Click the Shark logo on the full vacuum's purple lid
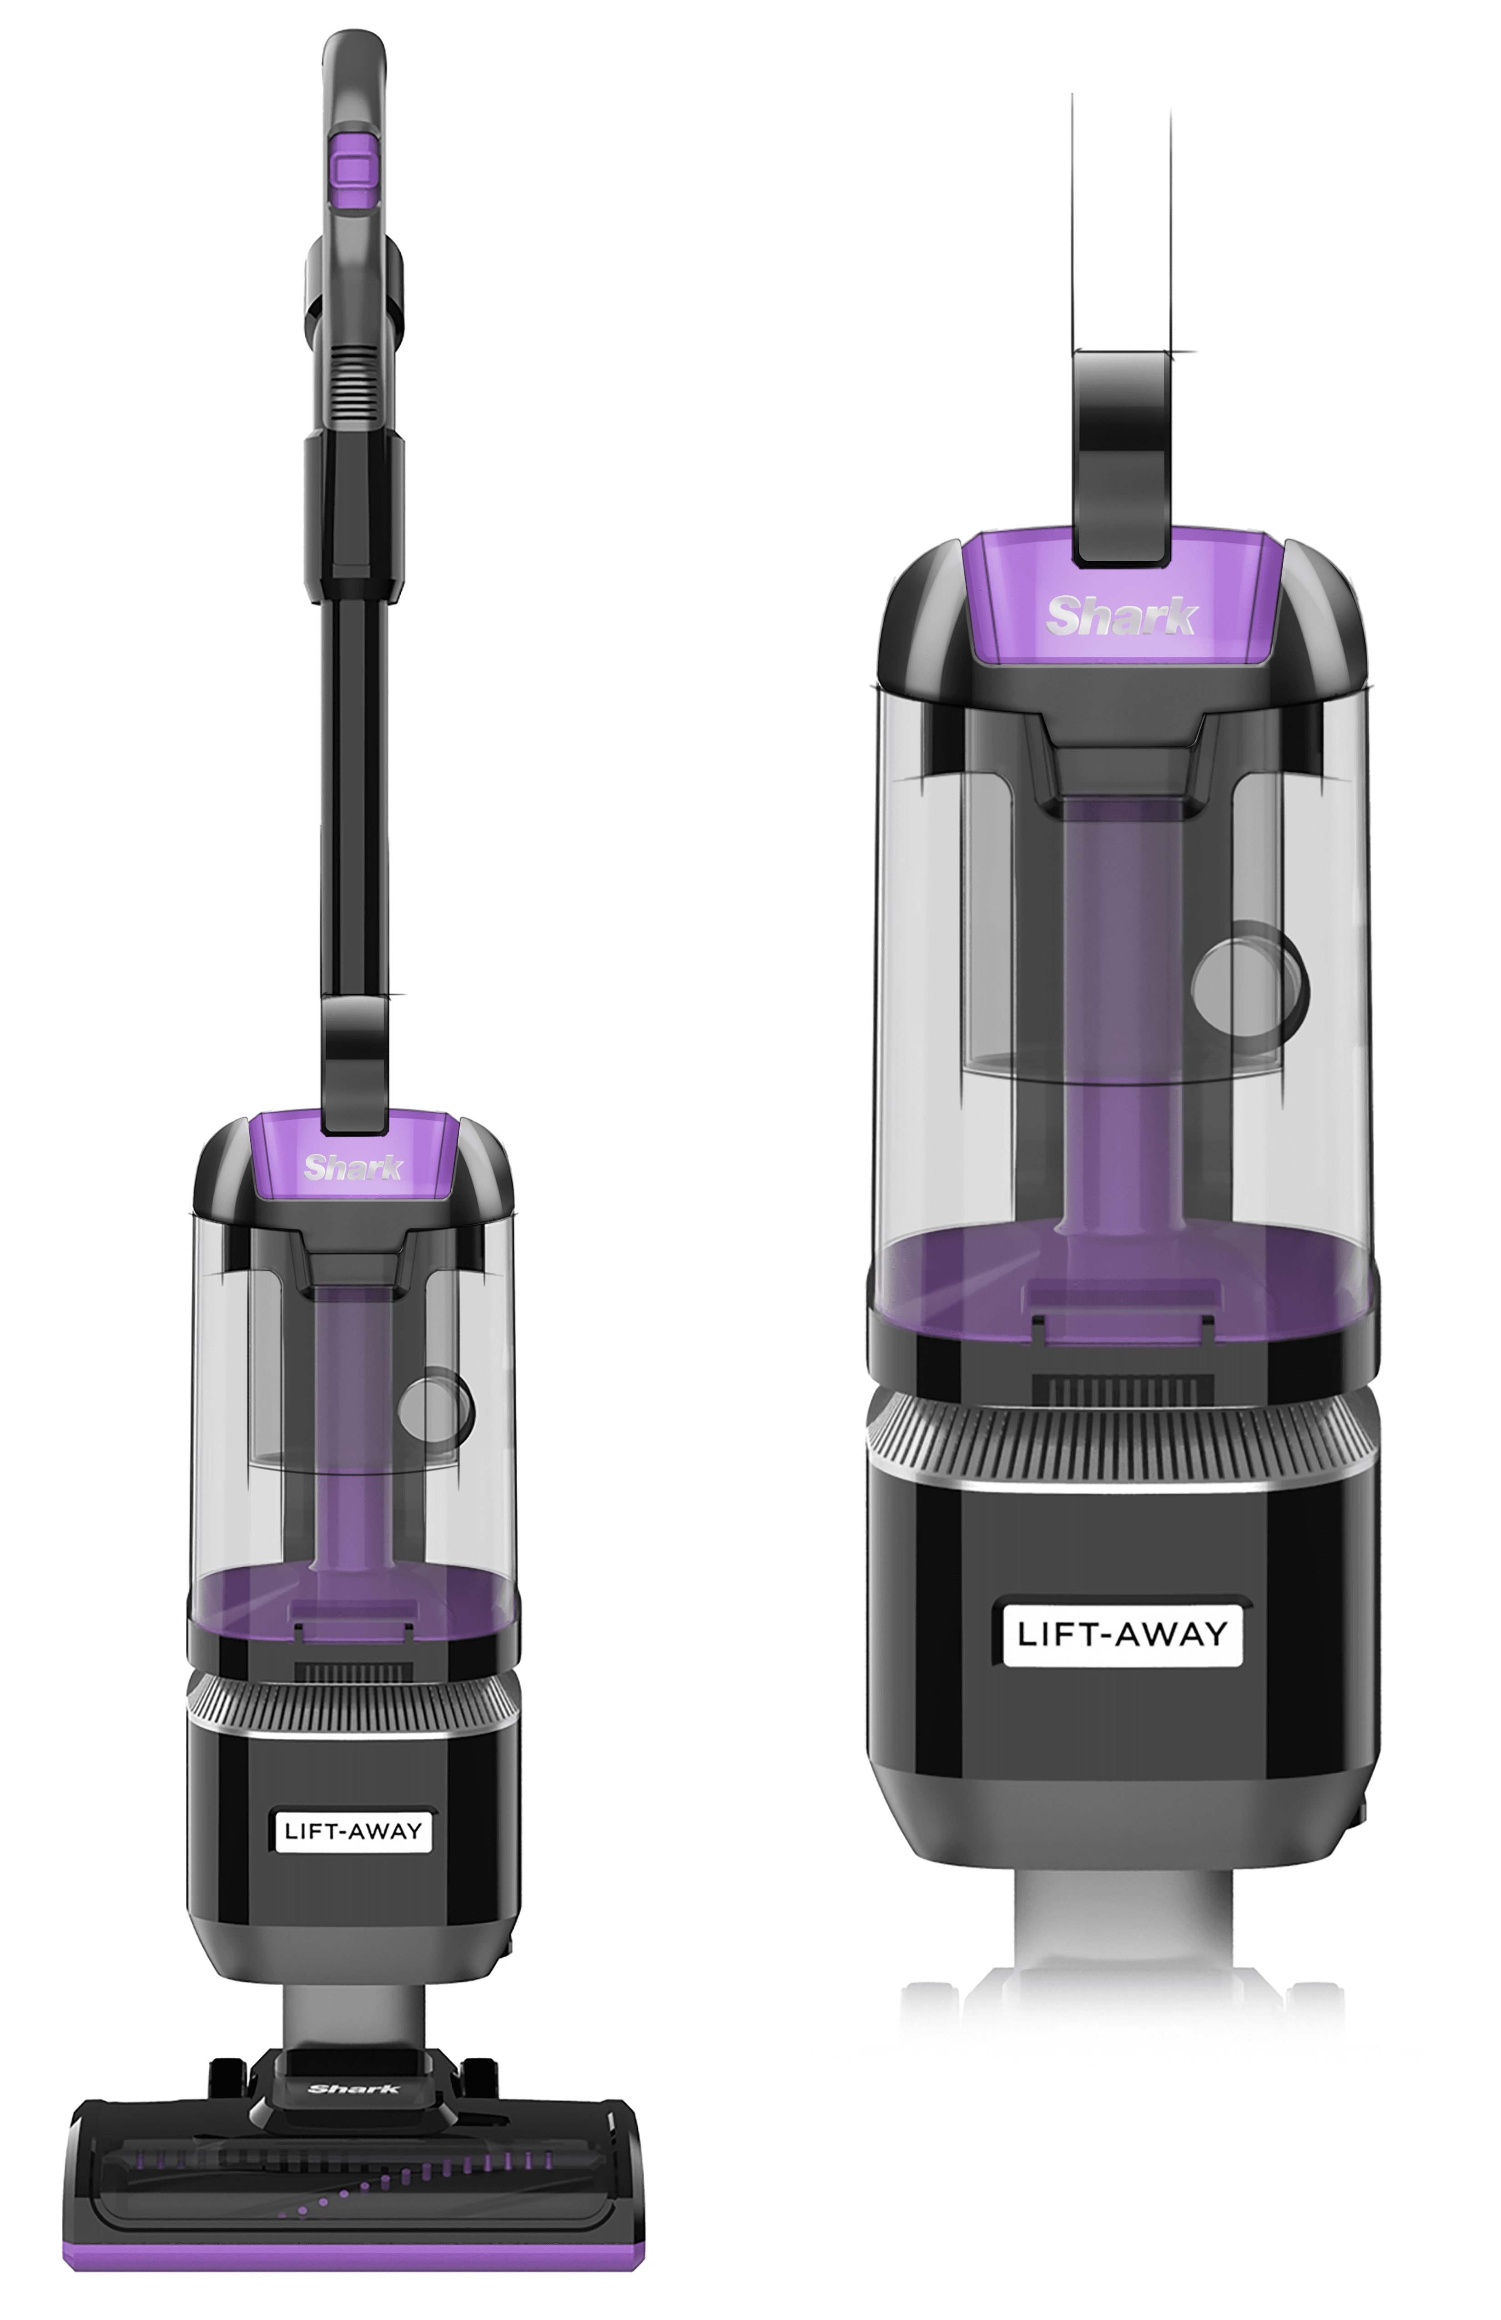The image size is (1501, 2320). coord(353,1167)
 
